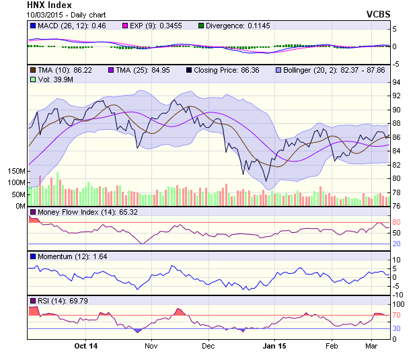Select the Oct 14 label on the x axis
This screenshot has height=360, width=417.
(x=85, y=346)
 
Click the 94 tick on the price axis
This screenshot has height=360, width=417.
(x=397, y=82)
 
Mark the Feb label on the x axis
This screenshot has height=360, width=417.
(x=331, y=346)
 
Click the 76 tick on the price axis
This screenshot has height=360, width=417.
(x=397, y=206)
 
